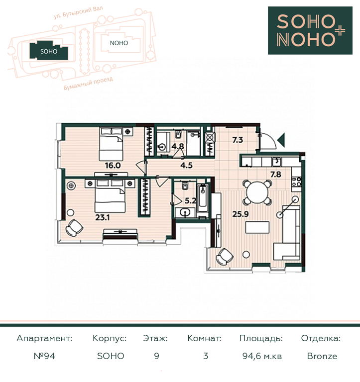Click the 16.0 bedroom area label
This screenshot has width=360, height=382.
(113, 166)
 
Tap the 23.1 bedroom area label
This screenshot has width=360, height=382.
(103, 217)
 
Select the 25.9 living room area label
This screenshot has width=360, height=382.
(240, 214)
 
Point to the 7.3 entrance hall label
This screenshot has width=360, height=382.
(238, 140)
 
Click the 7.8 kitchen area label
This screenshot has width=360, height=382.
(276, 175)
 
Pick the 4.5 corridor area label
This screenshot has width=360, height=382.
(187, 166)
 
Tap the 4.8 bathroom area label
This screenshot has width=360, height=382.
(178, 146)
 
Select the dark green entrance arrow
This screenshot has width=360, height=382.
(281, 140)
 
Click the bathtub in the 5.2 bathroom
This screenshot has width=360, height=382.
(203, 198)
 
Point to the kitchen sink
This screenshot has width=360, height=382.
(276, 162)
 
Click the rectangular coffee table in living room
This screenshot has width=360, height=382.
(257, 227)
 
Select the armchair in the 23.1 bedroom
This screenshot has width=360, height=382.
(74, 227)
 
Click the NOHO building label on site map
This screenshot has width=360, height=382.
(119, 43)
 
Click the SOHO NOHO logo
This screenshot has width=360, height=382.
(310, 30)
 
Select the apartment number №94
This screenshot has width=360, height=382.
(44, 356)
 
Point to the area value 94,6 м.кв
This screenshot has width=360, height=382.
(262, 356)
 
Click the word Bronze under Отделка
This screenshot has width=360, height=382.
(322, 356)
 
